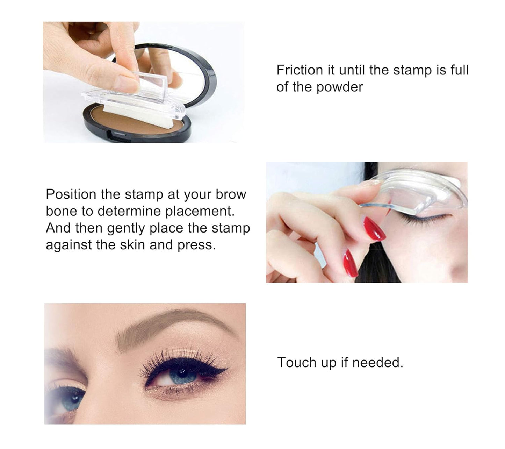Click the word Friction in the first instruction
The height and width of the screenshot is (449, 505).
(300, 70)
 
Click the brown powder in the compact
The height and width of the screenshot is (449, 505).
(133, 122)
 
